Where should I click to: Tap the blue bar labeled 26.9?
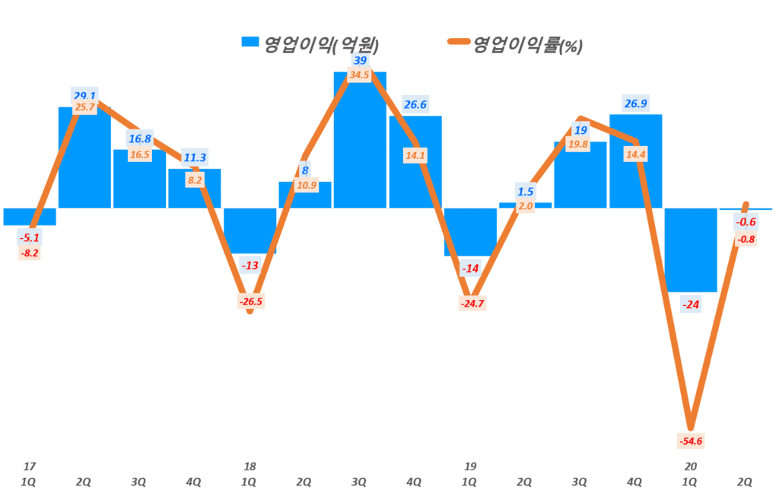[635, 161]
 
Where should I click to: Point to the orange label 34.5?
[360, 75]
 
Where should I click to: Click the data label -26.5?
[250, 301]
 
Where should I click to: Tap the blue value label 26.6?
[415, 105]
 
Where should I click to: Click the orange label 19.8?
[580, 145]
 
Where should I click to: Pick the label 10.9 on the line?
[305, 186]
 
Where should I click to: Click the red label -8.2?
[30, 253]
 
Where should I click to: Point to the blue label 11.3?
[195, 158]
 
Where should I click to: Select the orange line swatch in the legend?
[455, 43]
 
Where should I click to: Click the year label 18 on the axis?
[250, 466]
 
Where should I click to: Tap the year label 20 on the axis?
[691, 466]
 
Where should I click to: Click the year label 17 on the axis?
[30, 466]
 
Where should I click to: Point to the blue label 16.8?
[140, 139]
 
